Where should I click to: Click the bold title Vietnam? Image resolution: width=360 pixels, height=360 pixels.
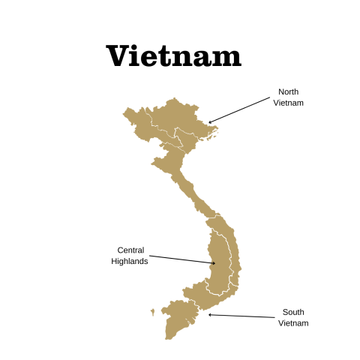point(173,56)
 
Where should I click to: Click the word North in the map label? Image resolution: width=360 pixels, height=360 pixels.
point(288,91)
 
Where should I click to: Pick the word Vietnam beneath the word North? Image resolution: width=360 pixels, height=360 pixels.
point(288,103)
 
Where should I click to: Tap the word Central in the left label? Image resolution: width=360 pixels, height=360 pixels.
point(131,250)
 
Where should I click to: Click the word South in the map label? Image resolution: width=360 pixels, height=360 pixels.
point(293,312)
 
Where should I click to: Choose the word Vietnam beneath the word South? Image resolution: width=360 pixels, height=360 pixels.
point(293,323)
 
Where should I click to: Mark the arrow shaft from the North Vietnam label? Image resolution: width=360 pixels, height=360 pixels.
point(240,109)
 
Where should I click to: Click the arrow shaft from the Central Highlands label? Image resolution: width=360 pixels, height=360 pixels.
point(180,258)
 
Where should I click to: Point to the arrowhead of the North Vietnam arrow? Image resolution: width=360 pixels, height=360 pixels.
point(210,122)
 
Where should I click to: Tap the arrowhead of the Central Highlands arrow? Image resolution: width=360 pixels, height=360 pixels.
point(213,263)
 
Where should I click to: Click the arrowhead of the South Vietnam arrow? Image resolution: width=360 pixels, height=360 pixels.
point(210,314)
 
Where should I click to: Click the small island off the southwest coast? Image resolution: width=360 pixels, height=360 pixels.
point(152,311)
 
